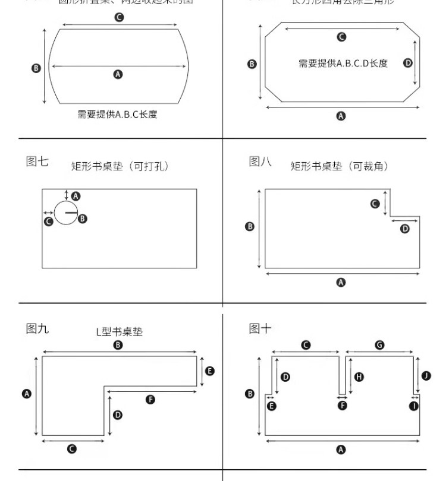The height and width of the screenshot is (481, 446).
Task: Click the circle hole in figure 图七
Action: (65, 212)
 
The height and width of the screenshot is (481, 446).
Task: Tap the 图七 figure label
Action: (37, 162)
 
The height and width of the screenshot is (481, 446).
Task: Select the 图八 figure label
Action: (260, 162)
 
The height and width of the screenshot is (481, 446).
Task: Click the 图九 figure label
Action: (37, 328)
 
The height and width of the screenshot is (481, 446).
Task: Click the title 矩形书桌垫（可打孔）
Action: (120, 166)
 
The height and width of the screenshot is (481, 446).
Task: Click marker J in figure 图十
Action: (426, 375)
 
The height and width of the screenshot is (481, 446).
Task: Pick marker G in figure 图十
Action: (380, 344)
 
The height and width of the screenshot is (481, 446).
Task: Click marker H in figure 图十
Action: (359, 376)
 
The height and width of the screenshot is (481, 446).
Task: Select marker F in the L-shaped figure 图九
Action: (150, 399)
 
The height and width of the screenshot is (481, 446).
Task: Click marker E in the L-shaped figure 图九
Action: (209, 371)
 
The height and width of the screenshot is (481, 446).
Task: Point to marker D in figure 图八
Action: (405, 228)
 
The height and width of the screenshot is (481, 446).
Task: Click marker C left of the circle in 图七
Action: (49, 221)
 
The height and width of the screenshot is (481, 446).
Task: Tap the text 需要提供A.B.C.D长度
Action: (343, 64)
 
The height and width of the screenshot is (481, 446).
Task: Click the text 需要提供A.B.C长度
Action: (117, 114)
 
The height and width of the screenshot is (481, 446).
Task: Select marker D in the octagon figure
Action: (408, 63)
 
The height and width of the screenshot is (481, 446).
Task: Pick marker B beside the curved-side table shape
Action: (36, 68)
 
